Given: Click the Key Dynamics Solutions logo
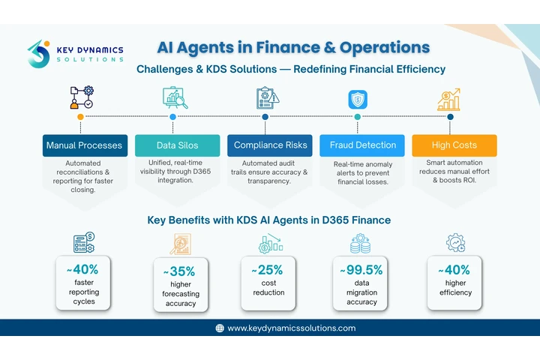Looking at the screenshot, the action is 76,54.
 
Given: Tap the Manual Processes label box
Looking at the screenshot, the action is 85,145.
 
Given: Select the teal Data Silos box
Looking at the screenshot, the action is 177,145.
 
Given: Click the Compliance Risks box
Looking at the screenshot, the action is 270,145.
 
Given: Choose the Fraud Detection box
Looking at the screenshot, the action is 362,145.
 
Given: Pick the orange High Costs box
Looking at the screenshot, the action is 454,145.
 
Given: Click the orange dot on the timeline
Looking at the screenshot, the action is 80,117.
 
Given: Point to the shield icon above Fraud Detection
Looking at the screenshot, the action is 358,100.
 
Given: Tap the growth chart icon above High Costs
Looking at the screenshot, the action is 449,100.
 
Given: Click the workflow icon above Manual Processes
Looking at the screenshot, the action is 82,97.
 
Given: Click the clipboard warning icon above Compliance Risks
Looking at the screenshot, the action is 268,97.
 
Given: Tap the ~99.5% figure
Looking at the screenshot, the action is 361,270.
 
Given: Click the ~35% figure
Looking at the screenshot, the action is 179,271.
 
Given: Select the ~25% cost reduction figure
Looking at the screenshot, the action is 267,270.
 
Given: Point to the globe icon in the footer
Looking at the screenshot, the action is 220,328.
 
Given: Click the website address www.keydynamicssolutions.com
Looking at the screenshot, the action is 291,328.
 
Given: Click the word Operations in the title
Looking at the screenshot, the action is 385,48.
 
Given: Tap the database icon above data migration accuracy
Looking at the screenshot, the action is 360,244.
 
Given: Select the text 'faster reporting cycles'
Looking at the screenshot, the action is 84,292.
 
